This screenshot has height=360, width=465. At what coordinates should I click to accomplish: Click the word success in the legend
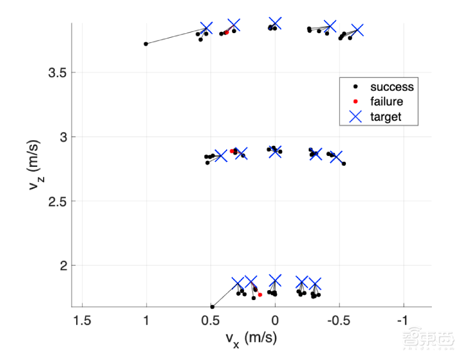[x=392, y=87]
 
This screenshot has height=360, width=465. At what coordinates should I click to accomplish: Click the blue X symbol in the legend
[x=355, y=116]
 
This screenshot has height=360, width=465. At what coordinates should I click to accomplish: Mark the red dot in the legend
[x=355, y=101]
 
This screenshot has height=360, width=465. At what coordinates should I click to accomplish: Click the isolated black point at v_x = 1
[x=146, y=44]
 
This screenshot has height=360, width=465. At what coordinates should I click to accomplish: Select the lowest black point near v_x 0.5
[x=212, y=306]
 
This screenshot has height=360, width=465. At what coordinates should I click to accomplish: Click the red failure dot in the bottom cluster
[x=260, y=295]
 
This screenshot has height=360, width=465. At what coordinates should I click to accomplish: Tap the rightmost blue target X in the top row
[x=357, y=30]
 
